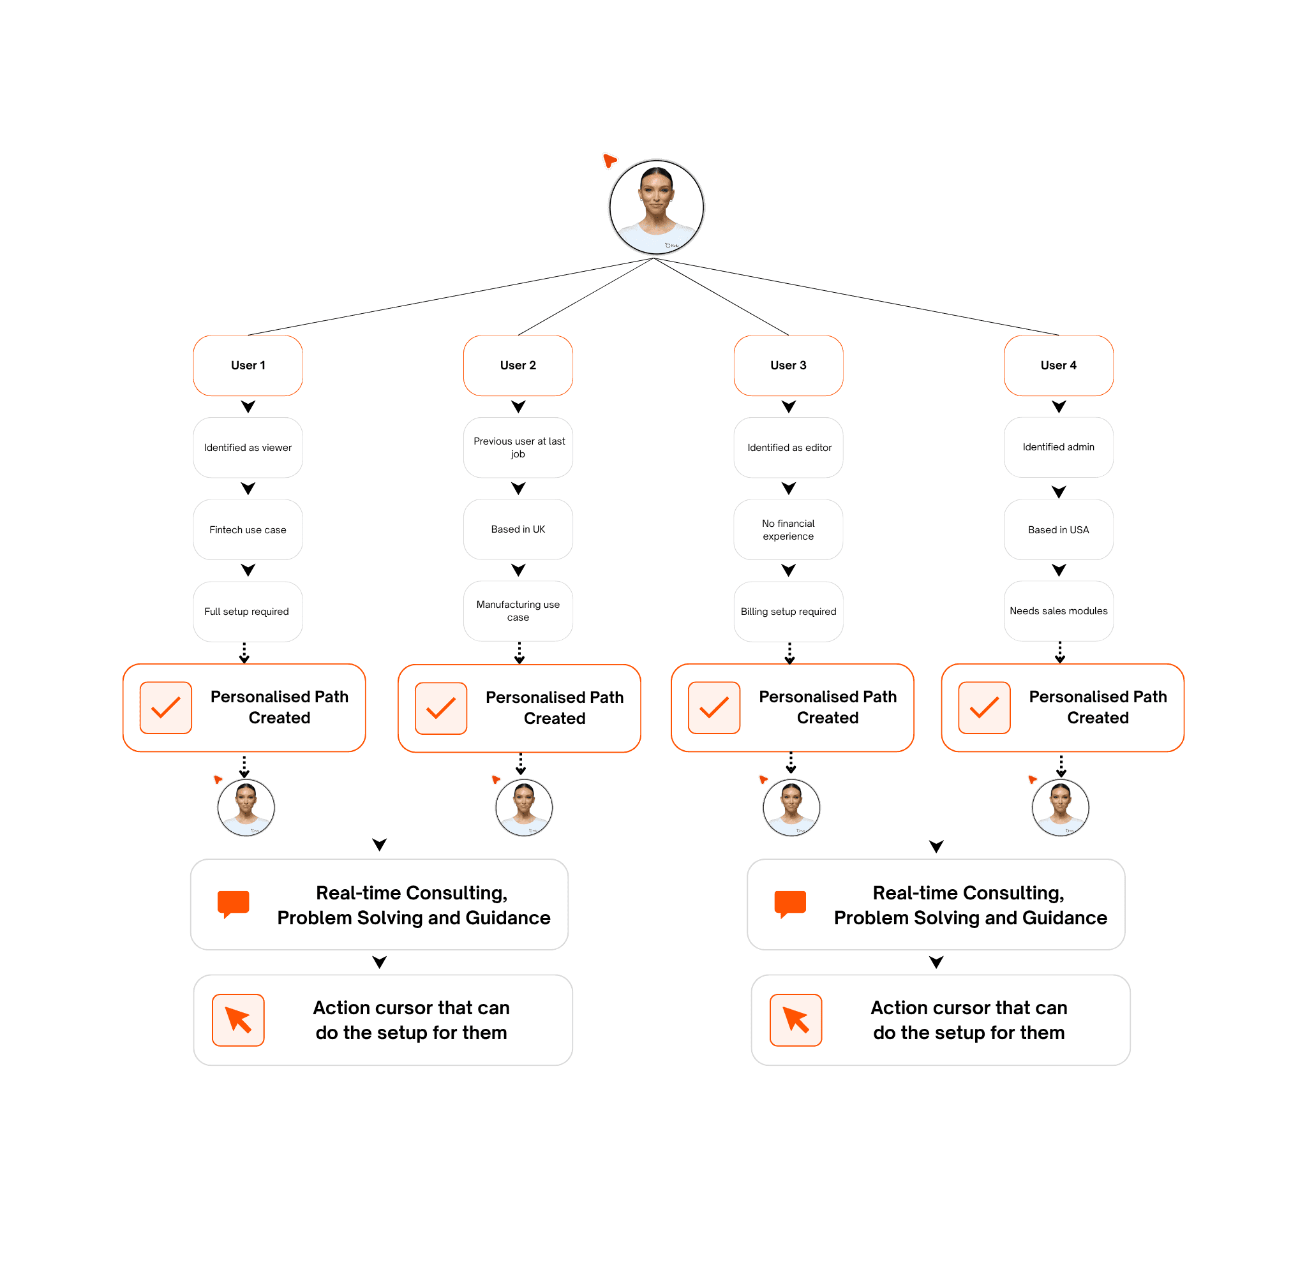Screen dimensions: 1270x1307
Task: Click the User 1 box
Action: (x=248, y=365)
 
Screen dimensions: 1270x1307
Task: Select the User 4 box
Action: (x=1058, y=365)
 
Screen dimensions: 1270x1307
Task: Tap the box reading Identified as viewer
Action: (x=248, y=448)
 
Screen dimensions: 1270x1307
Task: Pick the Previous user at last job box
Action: (x=518, y=448)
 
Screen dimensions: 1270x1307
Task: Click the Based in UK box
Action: (x=518, y=529)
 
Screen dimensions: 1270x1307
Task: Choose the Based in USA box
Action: (x=1058, y=529)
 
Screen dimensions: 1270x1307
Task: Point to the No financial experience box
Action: (x=788, y=529)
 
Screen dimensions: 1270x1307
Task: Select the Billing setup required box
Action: (x=788, y=612)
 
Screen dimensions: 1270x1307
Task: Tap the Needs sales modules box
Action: (x=1058, y=611)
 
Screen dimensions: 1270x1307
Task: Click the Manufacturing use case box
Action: (x=518, y=611)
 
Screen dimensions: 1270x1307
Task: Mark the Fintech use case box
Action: (x=248, y=529)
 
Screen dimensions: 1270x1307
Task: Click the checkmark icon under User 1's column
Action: (x=166, y=707)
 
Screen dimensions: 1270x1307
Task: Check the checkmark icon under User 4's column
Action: (x=984, y=707)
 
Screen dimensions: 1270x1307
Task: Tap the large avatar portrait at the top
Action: (x=657, y=207)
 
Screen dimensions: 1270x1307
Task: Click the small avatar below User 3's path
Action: (x=791, y=808)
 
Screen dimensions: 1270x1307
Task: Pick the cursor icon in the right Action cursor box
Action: (x=796, y=1020)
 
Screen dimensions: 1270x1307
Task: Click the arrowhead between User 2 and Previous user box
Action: (x=518, y=406)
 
